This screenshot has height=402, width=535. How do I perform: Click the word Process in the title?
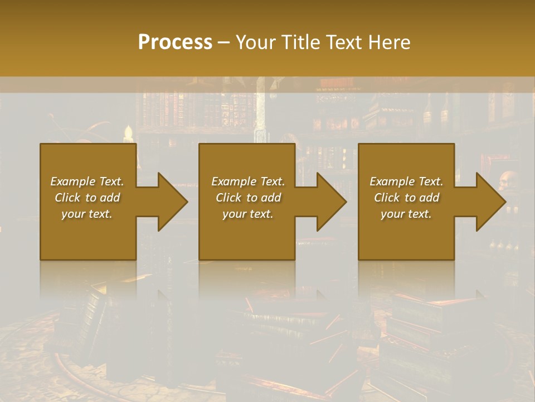tap(175, 42)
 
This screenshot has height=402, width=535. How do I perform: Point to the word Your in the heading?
tap(256, 42)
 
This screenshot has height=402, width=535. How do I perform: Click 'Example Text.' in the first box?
tap(87, 181)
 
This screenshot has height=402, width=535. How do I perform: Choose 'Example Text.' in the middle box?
tap(248, 181)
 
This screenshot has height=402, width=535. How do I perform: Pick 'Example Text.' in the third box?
tap(406, 181)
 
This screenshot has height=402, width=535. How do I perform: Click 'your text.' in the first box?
tap(87, 214)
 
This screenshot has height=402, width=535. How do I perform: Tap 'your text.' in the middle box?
tap(248, 214)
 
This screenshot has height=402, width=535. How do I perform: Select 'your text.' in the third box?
tap(406, 214)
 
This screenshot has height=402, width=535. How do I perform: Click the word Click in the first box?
tap(68, 198)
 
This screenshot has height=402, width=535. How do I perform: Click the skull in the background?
tap(508, 180)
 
